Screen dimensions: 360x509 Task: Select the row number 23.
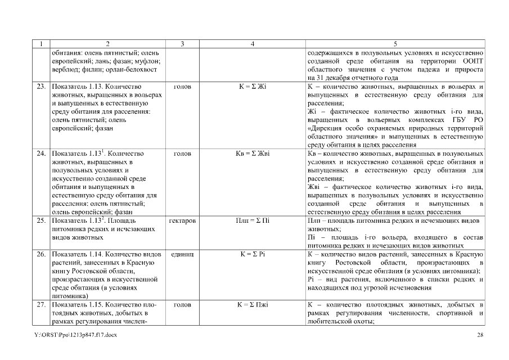[40, 87]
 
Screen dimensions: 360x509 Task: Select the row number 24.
[40, 154]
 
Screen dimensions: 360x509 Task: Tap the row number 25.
[40, 220]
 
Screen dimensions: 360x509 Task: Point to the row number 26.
[40, 254]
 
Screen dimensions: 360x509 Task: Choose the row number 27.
[40, 304]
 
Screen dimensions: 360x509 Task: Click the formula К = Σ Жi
[253, 87]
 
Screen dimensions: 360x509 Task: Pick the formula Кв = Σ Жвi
[253, 154]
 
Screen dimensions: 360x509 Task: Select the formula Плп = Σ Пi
[253, 220]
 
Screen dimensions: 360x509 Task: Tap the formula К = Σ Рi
[253, 254]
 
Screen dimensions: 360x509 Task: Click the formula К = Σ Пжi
[253, 304]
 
